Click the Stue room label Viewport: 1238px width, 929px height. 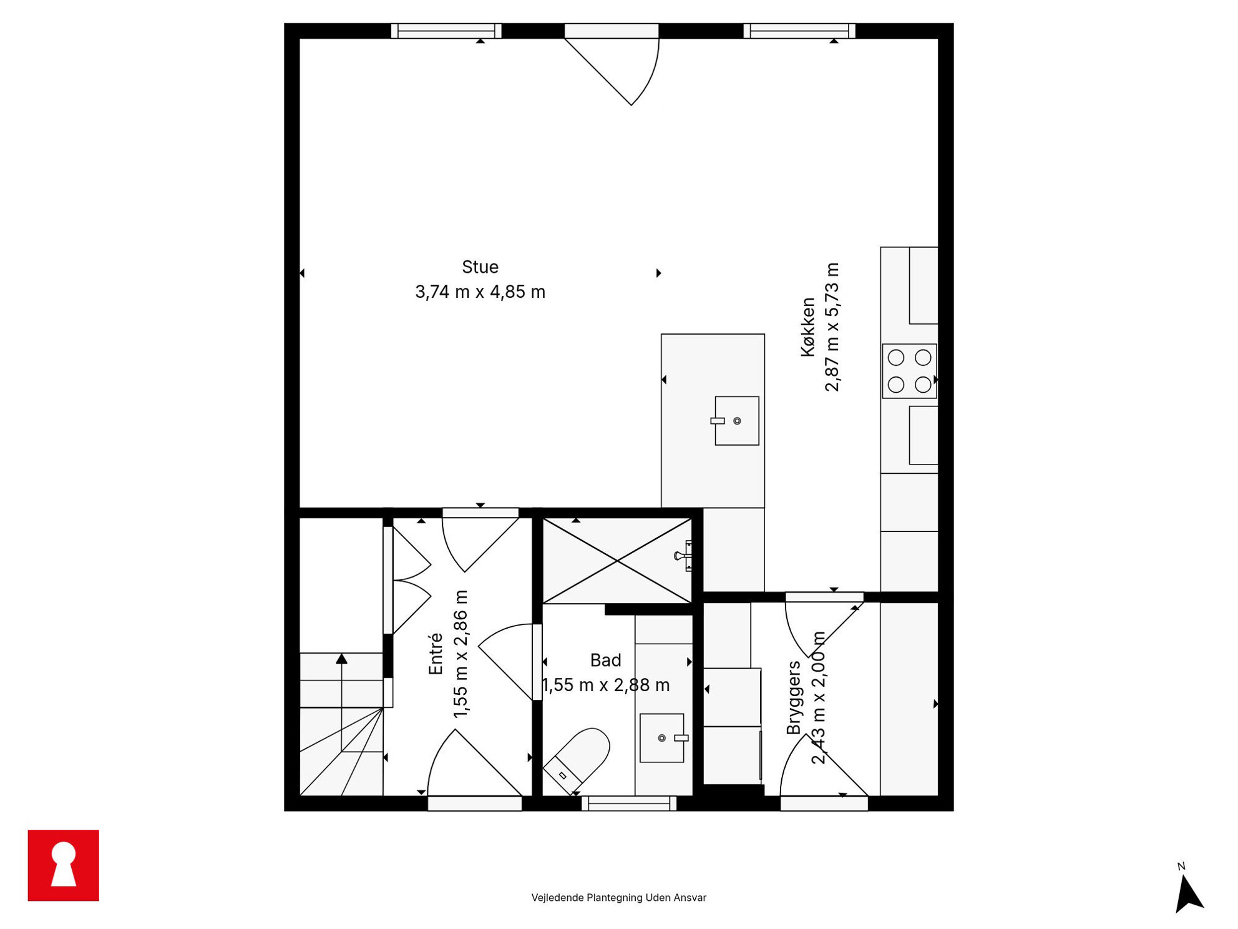coord(480,267)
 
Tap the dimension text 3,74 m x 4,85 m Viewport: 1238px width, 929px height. coord(480,292)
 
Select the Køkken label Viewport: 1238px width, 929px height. coord(808,327)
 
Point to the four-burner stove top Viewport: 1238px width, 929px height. coord(909,371)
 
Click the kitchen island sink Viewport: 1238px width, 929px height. coord(736,421)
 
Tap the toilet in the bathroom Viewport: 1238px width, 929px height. coord(577,761)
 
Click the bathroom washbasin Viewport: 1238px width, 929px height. coord(663,738)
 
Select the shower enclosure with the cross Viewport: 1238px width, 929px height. coord(617,561)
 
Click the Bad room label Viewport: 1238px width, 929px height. coord(605,661)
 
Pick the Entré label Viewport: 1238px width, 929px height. coord(436,654)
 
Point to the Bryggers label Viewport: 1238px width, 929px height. coord(793,697)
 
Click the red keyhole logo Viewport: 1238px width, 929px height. coord(64,865)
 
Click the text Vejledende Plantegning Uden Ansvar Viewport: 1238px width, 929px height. coord(618,897)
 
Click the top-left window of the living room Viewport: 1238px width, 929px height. coord(446,31)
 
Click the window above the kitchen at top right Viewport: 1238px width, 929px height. coord(799,31)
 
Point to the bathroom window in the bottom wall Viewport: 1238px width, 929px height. coord(629,804)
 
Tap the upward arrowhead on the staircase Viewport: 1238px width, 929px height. coord(341,659)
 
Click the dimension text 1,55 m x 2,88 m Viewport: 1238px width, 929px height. coord(605,686)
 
